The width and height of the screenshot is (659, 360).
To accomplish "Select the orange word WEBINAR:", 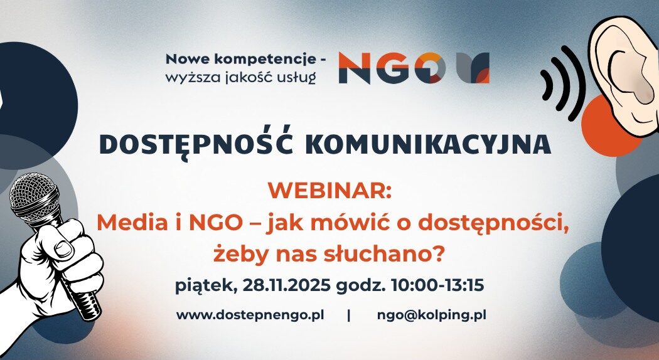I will [329, 189].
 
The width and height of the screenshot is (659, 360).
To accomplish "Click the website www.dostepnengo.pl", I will [250, 315].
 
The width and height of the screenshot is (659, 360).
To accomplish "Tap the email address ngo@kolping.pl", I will [432, 315].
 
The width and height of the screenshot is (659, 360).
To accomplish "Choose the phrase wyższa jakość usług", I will [241, 77].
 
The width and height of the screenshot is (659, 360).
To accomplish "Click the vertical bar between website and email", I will [349, 315].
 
